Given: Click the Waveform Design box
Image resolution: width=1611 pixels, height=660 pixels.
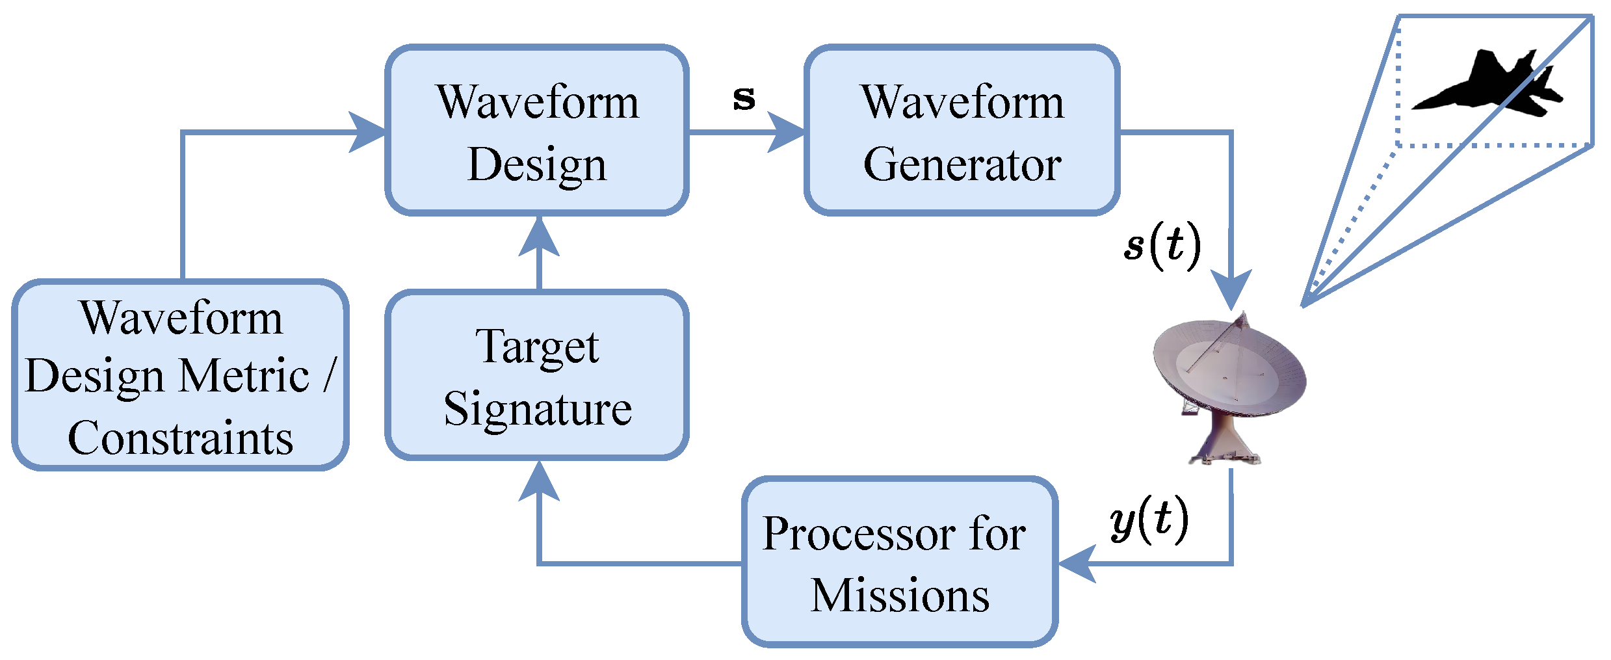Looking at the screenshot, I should tap(537, 130).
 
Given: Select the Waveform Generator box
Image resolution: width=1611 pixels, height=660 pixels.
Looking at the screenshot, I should tap(962, 130).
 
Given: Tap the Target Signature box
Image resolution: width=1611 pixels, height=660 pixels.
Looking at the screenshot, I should tap(537, 375).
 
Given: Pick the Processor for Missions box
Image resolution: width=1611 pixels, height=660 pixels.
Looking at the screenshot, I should tap(900, 562).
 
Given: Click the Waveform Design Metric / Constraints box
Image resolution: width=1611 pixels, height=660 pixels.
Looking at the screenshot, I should tap(180, 375).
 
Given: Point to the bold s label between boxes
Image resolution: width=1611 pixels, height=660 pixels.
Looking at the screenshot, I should tap(744, 98).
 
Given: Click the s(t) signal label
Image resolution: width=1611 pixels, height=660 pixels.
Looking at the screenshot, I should tap(1162, 246).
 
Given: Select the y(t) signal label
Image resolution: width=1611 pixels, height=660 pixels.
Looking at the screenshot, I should tap(1149, 520).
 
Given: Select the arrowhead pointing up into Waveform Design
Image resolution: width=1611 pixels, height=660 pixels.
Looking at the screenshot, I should tap(539, 237).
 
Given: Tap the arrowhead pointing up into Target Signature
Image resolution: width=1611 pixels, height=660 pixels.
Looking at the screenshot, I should tap(539, 481).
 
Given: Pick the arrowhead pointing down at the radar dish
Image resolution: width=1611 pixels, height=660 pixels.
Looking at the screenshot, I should tap(1231, 289).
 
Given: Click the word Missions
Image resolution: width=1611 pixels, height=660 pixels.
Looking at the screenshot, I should tap(900, 595).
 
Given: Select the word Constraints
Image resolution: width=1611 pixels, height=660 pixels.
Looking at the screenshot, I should tap(180, 438).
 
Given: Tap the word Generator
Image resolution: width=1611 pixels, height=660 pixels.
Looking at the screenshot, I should tap(962, 164).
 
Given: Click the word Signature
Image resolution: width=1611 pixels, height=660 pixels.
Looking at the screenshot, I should tap(538, 408).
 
